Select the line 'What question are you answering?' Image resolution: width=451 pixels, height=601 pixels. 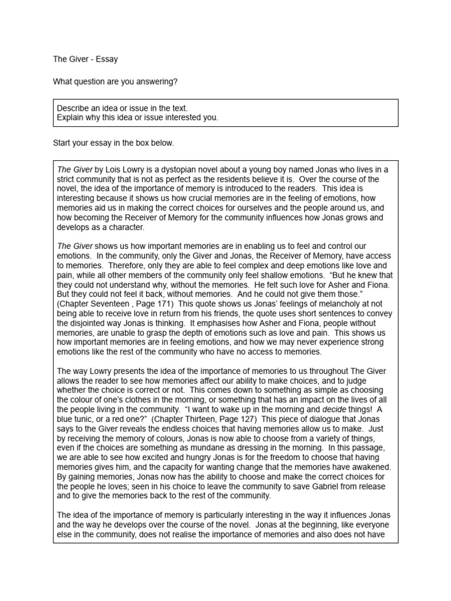coord(115,82)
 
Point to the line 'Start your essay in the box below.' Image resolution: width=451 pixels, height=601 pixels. coord(113,143)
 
